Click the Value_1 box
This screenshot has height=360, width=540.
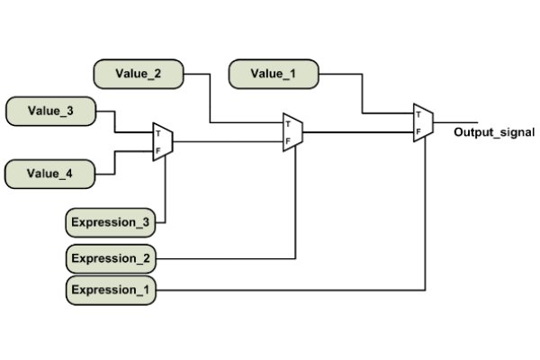point(274,75)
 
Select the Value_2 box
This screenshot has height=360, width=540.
point(139,75)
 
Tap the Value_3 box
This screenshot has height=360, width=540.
point(50,112)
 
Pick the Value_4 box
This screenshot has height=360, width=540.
point(50,172)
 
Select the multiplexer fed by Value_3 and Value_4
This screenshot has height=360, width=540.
point(163,142)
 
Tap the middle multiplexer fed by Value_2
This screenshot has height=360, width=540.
point(292,132)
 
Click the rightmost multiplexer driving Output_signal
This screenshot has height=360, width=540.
point(423,122)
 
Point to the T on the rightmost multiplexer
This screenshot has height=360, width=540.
point(418,113)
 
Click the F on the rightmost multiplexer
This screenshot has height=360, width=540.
point(418,131)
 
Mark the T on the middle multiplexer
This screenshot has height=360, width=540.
point(288,124)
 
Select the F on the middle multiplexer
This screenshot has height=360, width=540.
point(288,141)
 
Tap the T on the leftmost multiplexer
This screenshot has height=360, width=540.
point(158,133)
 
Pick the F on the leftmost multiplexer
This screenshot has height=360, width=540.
point(158,151)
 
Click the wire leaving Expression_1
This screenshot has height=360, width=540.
point(288,290)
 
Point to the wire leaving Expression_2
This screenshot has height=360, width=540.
point(225,259)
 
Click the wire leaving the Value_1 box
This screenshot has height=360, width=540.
point(363,94)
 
